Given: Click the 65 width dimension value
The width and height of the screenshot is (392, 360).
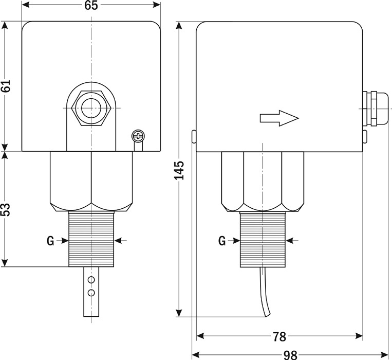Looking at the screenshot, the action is coord(91,5).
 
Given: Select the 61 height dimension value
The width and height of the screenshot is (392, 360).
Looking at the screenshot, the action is coord(6,86).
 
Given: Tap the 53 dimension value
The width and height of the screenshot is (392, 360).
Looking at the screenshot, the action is coord(6,209).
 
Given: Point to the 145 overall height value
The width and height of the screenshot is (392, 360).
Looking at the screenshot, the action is coord(179,170).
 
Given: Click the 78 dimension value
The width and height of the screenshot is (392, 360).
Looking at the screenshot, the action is coord(279,337).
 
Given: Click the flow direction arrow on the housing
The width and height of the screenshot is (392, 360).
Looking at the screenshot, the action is coord(279,118).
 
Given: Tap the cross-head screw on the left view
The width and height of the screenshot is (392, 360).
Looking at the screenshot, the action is coord(138,136).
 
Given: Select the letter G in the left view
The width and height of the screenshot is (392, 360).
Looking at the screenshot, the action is coord(50,241).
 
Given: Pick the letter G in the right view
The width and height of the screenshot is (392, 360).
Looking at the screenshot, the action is coord(222,241).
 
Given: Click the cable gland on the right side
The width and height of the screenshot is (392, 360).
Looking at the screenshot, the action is coord(375,109).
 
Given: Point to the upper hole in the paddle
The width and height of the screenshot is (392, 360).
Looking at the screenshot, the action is coord(91,280).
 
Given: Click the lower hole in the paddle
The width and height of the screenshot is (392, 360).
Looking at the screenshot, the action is coord(91,293).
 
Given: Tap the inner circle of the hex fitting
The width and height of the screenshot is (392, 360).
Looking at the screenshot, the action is coord(91,109).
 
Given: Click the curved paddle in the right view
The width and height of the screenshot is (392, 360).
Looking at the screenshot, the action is coord(265,292).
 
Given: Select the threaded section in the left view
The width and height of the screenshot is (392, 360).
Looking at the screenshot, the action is coord(91,239).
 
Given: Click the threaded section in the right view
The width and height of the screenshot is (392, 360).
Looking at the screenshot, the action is coord(263,240).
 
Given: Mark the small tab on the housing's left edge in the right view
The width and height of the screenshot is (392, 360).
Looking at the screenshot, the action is coord(194,136).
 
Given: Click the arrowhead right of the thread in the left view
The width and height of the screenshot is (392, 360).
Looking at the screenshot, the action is coord(118,241).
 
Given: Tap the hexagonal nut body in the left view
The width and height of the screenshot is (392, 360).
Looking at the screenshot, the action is coord(91,182).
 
